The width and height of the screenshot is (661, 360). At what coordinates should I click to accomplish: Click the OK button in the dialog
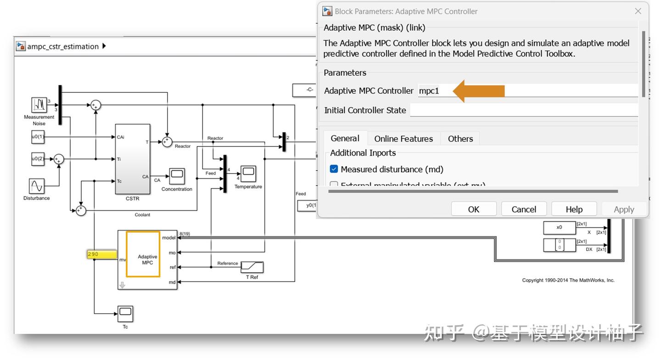[x=473, y=209]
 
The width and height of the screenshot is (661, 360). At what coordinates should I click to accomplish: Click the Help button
[x=574, y=209]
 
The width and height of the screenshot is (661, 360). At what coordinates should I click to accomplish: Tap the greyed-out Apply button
[x=623, y=209]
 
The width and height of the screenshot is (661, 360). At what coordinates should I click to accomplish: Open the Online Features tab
[x=403, y=139]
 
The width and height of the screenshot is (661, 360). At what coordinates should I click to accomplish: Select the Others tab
[x=460, y=139]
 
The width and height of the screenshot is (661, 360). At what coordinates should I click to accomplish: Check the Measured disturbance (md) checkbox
[x=334, y=169]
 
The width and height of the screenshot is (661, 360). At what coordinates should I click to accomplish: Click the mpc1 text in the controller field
[x=429, y=91]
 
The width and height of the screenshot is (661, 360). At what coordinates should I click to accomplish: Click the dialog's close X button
[x=638, y=11]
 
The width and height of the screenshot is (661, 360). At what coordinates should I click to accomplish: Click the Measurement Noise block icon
[x=39, y=105]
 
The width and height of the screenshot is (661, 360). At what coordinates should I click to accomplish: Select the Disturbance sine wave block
[x=37, y=186]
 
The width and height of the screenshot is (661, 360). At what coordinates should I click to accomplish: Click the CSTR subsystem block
[x=132, y=159]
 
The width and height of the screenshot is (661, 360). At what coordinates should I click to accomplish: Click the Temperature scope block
[x=248, y=174]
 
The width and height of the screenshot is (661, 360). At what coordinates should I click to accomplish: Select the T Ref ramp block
[x=252, y=267]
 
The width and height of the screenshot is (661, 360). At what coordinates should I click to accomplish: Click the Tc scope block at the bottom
[x=125, y=314]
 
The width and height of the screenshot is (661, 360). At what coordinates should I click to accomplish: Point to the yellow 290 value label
[x=101, y=254]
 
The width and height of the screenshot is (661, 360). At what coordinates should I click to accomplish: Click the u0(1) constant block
[x=38, y=137]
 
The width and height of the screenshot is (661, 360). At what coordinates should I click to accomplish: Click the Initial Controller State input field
[x=523, y=110]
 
